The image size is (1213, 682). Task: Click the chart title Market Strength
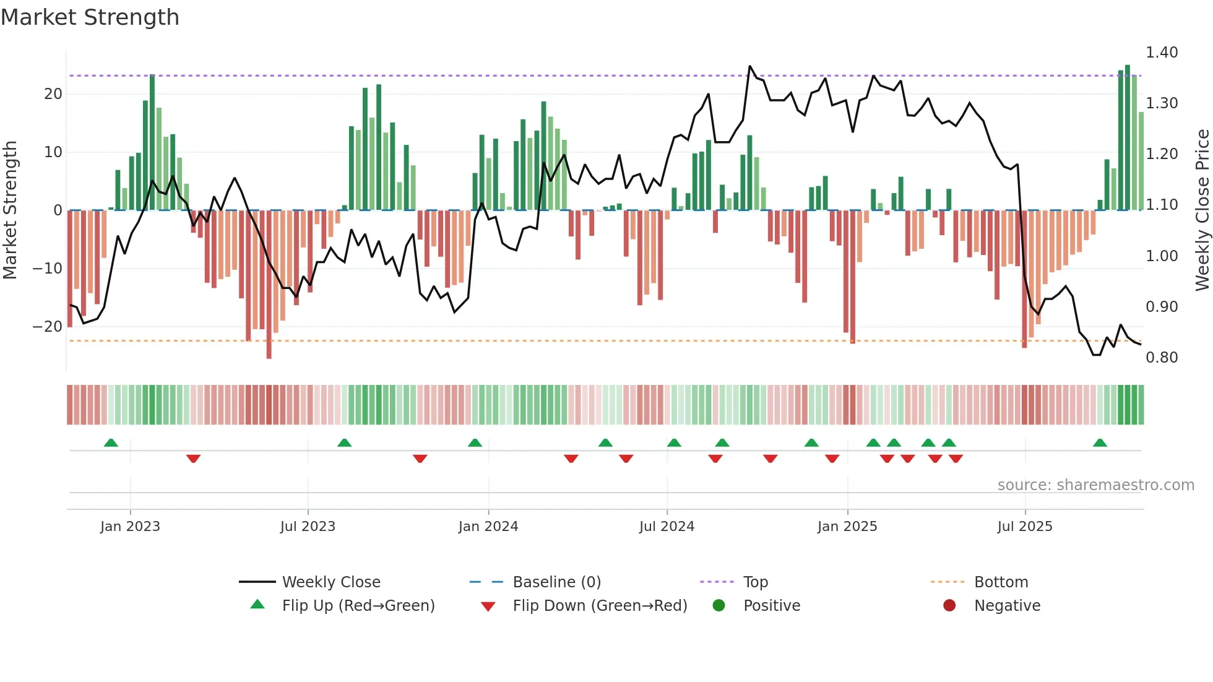click(90, 17)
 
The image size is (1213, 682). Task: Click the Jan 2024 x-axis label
click(488, 526)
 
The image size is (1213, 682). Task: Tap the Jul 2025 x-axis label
click(1024, 526)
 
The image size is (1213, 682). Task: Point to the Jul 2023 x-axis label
click(308, 526)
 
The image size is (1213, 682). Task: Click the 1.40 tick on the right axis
click(1161, 53)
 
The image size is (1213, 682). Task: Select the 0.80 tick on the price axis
click(1161, 357)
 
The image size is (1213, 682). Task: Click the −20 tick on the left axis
click(48, 326)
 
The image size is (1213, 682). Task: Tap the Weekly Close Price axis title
click(1202, 210)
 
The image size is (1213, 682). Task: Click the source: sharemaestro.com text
click(1095, 485)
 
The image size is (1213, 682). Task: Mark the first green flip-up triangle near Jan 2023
click(111, 442)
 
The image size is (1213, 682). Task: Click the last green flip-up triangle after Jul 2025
click(1100, 442)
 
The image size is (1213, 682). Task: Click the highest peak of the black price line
click(750, 66)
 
